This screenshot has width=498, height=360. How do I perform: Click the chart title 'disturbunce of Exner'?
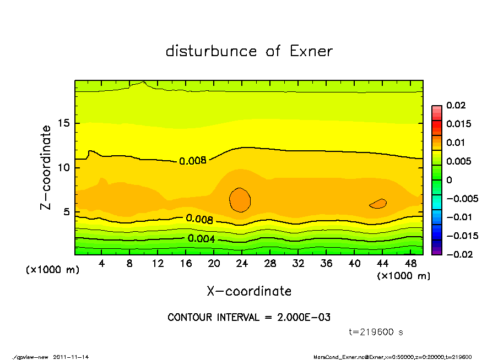(249, 51)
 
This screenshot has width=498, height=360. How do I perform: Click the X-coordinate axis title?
(249, 291)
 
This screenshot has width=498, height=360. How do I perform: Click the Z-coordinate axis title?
(46, 167)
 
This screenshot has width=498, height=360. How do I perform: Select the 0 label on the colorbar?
(448, 180)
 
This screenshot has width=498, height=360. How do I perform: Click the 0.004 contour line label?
(201, 238)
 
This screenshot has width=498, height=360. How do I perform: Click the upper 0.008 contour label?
(192, 161)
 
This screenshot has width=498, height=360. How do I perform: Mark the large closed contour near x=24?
(240, 200)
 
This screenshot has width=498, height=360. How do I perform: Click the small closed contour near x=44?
(378, 204)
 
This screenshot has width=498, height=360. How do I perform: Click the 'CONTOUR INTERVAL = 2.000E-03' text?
(249, 318)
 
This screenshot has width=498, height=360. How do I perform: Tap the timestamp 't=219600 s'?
(376, 332)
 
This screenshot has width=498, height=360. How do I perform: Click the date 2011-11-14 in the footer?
(71, 357)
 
